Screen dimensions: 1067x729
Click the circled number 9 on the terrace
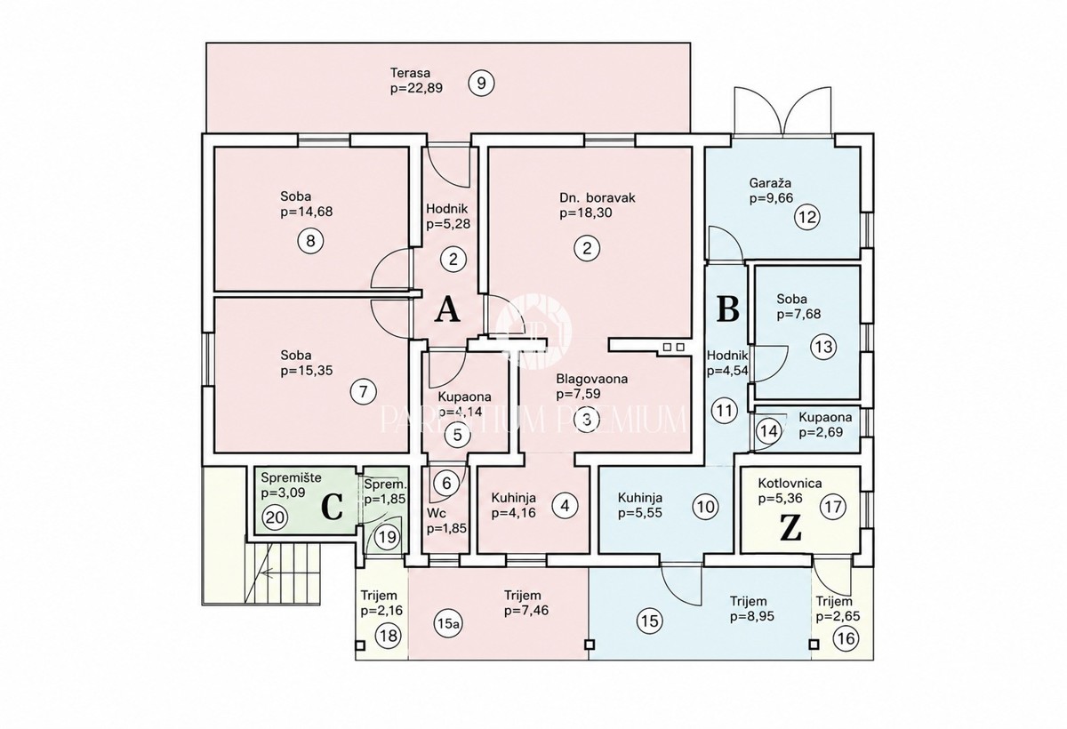pyautogui.click(x=481, y=84)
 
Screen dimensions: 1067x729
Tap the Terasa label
pyautogui.click(x=410, y=73)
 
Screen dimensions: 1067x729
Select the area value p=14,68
pyautogui.click(x=306, y=212)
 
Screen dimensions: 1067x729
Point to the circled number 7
pyautogui.click(x=364, y=392)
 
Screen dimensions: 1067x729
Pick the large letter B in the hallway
pyautogui.click(x=728, y=308)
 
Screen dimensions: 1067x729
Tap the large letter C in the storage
pyautogui.click(x=333, y=507)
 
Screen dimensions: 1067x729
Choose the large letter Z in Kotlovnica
pyautogui.click(x=790, y=529)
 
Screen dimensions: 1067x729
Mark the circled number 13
pyautogui.click(x=824, y=346)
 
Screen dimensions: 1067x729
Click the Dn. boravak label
pyautogui.click(x=598, y=197)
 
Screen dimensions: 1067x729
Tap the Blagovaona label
pyautogui.click(x=592, y=379)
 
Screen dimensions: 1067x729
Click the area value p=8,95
pyautogui.click(x=752, y=617)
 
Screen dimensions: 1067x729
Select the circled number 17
pyautogui.click(x=834, y=507)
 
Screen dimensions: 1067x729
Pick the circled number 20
pyautogui.click(x=276, y=517)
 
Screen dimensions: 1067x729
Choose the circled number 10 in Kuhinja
pyautogui.click(x=705, y=507)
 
